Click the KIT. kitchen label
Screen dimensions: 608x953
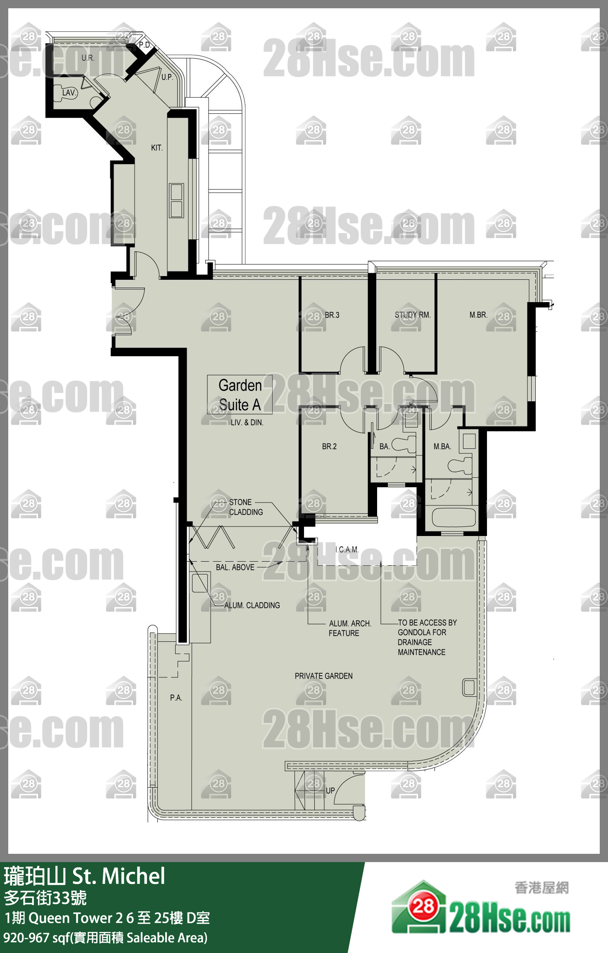(x=157, y=148)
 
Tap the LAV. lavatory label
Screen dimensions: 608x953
(x=69, y=93)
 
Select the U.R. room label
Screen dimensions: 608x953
(x=88, y=58)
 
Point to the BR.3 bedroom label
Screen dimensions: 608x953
(x=332, y=315)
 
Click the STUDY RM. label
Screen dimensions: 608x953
(x=413, y=315)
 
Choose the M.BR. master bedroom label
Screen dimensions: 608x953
(x=478, y=315)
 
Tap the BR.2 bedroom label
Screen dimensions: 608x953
(x=329, y=446)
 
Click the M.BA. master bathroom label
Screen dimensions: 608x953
(x=442, y=446)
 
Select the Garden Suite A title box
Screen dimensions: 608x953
(x=240, y=395)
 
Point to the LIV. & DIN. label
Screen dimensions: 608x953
(x=247, y=422)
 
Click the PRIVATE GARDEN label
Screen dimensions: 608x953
(x=324, y=676)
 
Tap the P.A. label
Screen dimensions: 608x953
(x=176, y=698)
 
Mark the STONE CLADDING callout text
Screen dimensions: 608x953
(x=246, y=507)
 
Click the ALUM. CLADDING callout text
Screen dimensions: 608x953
(x=252, y=605)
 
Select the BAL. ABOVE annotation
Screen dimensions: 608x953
(x=235, y=567)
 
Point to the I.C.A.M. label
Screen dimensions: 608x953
(x=347, y=550)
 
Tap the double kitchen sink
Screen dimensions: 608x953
(x=176, y=201)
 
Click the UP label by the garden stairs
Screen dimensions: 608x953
(x=330, y=791)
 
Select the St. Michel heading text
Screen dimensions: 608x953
(x=119, y=876)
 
